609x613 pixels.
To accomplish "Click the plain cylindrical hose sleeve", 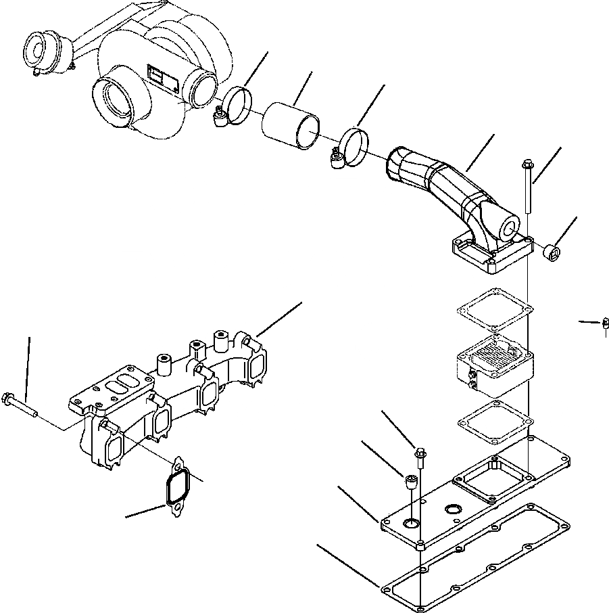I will point(291,125).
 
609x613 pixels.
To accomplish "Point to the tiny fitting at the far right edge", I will point(602,325).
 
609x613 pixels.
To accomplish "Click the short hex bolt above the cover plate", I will point(420,459).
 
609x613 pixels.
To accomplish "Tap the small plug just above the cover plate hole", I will point(410,483).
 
